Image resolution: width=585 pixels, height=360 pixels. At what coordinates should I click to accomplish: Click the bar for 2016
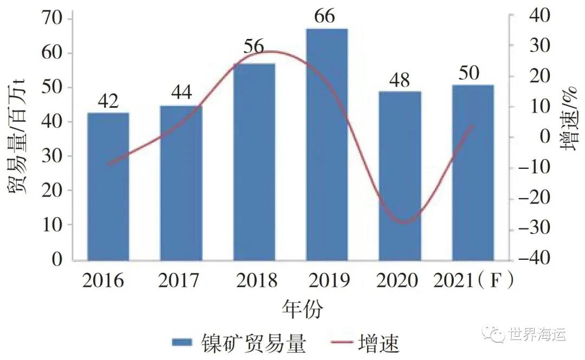pyautogui.click(x=108, y=186)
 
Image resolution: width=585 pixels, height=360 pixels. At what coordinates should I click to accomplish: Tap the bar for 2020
pyautogui.click(x=400, y=175)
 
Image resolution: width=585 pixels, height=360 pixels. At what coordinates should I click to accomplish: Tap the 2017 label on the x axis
pyautogui.click(x=179, y=280)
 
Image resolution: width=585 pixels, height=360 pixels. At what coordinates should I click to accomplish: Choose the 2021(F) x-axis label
pyautogui.click(x=473, y=280)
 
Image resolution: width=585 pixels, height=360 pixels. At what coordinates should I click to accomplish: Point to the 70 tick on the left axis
pyautogui.click(x=54, y=19)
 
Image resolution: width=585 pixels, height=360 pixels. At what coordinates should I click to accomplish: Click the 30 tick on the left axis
pyautogui.click(x=54, y=156)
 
